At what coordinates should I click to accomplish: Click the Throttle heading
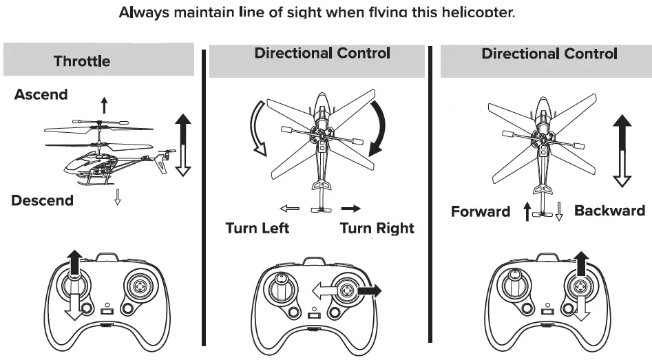[x=82, y=61]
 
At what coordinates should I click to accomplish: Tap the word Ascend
[x=41, y=95]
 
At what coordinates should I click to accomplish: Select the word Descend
[x=42, y=200]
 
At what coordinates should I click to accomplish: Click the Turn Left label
[x=257, y=228]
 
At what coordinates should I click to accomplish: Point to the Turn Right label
[x=377, y=228]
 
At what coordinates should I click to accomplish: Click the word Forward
[x=481, y=211]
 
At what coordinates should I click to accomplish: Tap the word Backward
[x=609, y=211]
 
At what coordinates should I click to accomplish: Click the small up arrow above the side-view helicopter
[x=104, y=105]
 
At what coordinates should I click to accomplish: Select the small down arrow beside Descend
[x=117, y=198]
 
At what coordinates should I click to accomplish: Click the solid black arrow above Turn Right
[x=351, y=208]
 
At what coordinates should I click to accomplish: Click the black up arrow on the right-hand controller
[x=582, y=264]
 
